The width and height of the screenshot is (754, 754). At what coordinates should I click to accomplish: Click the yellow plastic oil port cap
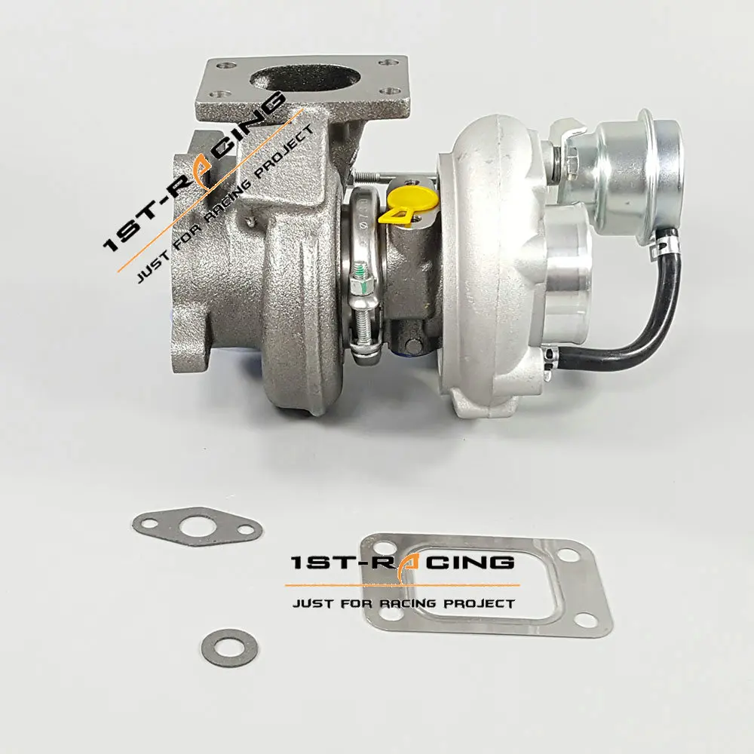408,205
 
